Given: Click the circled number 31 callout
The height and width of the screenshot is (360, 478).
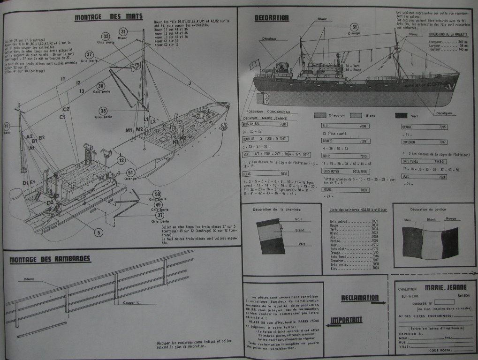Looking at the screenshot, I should pyautogui.click(x=123, y=32).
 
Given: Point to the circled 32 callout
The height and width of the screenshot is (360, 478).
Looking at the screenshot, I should pyautogui.click(x=106, y=37).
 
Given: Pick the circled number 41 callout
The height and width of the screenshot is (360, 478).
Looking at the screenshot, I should pyautogui.click(x=7, y=127).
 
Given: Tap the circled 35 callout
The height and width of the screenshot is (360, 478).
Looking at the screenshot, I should pyautogui.click(x=103, y=111).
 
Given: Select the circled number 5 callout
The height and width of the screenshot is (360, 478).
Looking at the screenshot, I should pyautogui.click(x=98, y=231).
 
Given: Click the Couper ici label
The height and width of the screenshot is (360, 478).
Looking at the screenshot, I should pyautogui.click(x=132, y=302).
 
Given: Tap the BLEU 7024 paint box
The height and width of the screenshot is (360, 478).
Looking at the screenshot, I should pyautogui.click(x=424, y=177).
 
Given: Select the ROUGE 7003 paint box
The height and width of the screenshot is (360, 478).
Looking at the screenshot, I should pyautogui.click(x=346, y=190).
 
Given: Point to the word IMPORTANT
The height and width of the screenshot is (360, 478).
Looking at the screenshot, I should pyautogui.click(x=346, y=321).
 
